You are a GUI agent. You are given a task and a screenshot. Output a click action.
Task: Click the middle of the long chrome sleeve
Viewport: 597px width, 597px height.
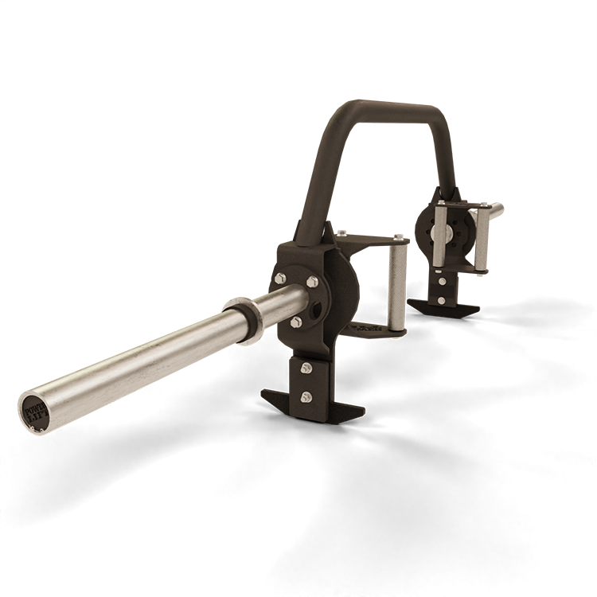coord(135,357)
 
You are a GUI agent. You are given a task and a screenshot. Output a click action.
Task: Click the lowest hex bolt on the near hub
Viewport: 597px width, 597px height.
coord(296,322)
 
